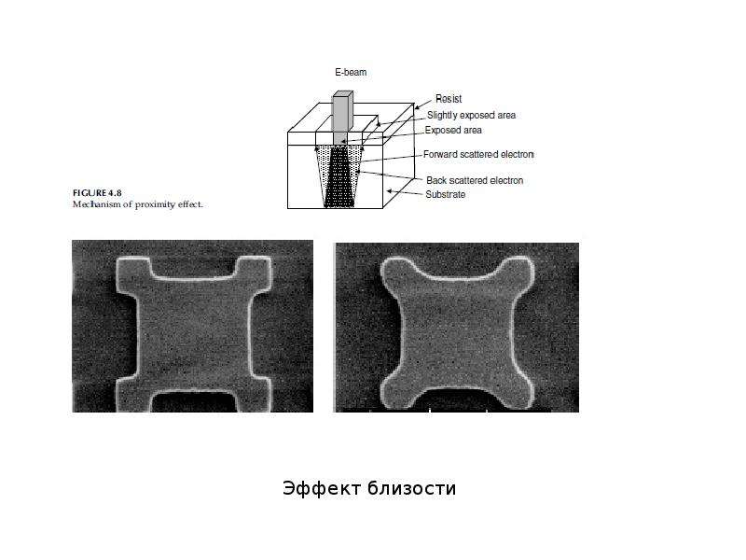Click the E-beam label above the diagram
coord(351,73)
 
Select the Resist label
coord(449,99)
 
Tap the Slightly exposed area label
coord(471,115)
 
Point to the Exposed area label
coord(453,130)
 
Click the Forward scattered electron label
coord(478,154)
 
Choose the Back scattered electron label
coord(475,180)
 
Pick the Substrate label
coord(445,194)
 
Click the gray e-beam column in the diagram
coord(342,117)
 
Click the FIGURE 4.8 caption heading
coord(97,193)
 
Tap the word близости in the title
coord(412,488)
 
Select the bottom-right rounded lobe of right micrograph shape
coord(517,393)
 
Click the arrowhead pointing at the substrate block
coord(390,191)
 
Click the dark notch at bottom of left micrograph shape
coord(194,402)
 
